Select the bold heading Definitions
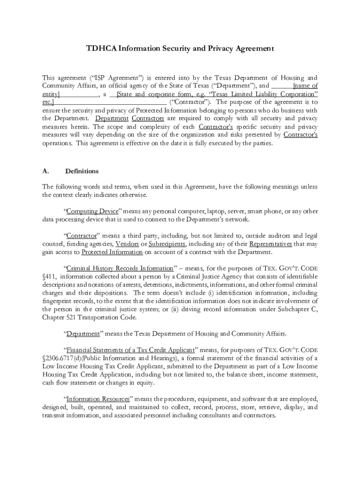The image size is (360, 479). click(82, 171)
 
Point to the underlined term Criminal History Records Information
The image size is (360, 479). click(120, 269)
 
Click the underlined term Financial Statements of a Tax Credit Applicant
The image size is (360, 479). click(130, 350)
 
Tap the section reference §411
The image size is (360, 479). click(50, 276)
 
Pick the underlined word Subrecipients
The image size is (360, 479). click(167, 244)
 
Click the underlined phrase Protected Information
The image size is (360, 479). click(112, 252)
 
